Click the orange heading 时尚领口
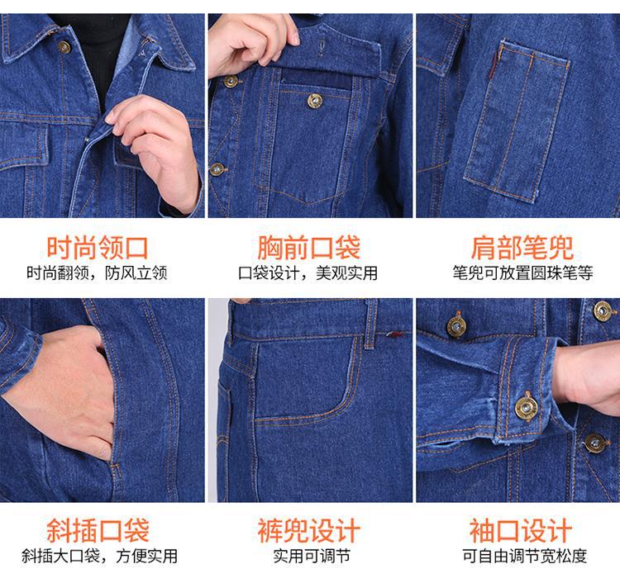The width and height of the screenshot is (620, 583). [98, 248]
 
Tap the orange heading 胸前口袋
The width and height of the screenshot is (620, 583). [309, 248]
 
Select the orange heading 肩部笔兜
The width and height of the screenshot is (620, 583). [522, 248]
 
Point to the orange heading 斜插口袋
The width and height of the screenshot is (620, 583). [98, 530]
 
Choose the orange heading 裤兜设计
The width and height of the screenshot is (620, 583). [309, 530]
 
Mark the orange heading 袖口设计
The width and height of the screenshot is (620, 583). [521, 530]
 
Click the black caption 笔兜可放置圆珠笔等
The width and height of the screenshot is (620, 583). [522, 273]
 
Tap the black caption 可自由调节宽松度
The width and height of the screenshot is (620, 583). [525, 556]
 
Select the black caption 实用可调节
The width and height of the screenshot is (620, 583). [312, 556]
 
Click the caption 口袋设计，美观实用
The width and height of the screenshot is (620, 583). [308, 273]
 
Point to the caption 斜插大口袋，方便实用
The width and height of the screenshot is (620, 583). [99, 556]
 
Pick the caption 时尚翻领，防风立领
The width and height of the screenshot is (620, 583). [97, 273]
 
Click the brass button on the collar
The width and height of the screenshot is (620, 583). [64, 47]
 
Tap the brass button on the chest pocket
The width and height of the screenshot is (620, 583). [315, 101]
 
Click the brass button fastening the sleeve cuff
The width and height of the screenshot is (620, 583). [527, 407]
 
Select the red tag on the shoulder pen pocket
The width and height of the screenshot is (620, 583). [493, 66]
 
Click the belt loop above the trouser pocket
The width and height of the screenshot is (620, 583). [370, 324]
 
